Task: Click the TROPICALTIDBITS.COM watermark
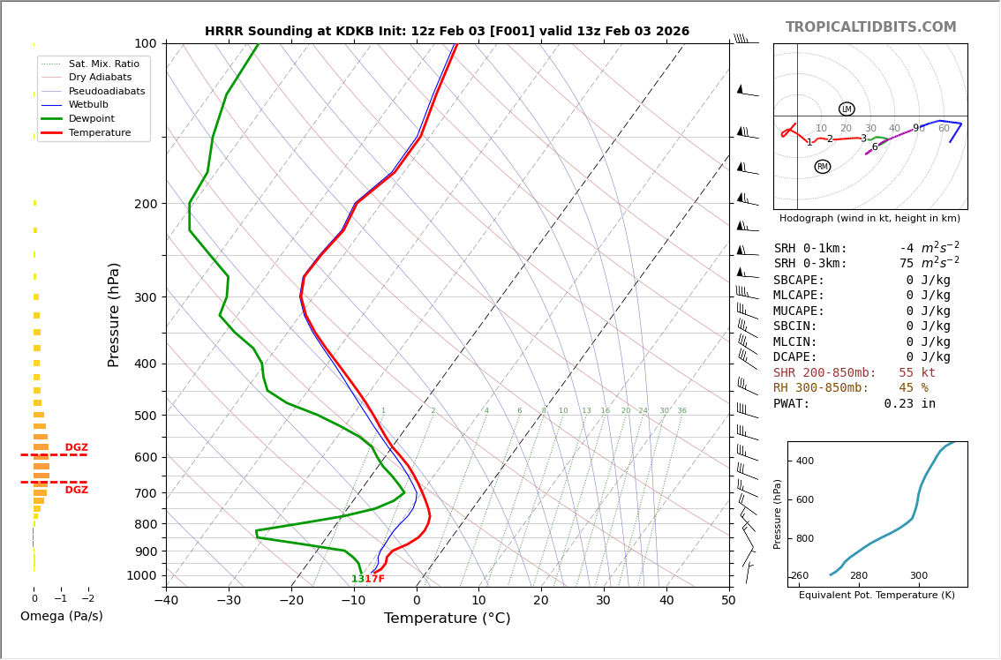coord(870,27)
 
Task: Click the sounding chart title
coord(447,32)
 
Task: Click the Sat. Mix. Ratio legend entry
coord(103,64)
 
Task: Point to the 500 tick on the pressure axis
coord(146,416)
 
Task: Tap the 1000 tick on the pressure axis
coord(142,575)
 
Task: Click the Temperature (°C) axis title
coord(447,619)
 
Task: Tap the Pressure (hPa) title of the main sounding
coord(115,314)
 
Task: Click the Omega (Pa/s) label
coord(61,616)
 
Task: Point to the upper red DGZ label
coord(76,447)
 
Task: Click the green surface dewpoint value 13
coord(357,580)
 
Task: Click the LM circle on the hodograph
coord(847,109)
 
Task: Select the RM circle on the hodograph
coord(823,167)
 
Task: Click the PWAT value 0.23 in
coord(909,404)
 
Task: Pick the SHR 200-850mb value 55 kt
coord(916,373)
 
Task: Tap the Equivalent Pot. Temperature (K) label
coord(876,595)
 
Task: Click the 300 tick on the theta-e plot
coord(918,576)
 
